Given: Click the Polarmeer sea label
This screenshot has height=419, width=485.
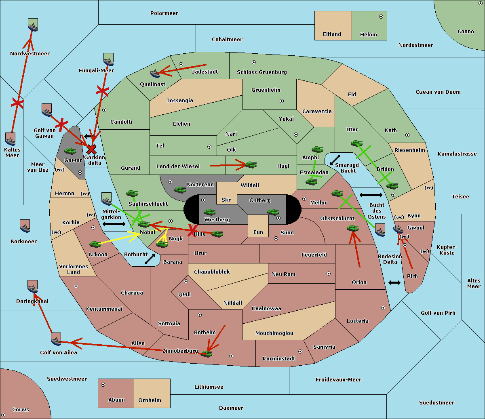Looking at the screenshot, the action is pyautogui.click(x=164, y=13).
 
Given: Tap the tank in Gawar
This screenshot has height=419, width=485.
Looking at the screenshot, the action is pyautogui.click(x=70, y=151).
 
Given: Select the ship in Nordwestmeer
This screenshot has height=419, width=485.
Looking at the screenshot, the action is pyautogui.click(x=33, y=25).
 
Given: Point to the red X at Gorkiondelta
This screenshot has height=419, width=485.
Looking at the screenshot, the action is pyautogui.click(x=91, y=149).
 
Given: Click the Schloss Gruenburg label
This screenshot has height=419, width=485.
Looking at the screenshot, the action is pyautogui.click(x=262, y=72).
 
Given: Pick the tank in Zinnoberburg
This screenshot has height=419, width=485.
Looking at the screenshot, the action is pyautogui.click(x=207, y=354).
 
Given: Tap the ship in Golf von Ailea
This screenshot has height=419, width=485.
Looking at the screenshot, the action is pyautogui.click(x=56, y=339).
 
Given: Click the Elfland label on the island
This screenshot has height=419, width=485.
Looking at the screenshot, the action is pyautogui.click(x=332, y=34).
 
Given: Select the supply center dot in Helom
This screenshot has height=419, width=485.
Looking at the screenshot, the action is pyautogui.click(x=381, y=17).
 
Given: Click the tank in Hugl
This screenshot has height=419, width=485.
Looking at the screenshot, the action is pyautogui.click(x=251, y=165).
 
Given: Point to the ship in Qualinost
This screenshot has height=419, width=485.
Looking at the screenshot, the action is pyautogui.click(x=155, y=74).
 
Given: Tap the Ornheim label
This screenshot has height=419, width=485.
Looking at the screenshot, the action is pyautogui.click(x=150, y=400).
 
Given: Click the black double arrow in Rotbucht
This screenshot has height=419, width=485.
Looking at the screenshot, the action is pyautogui.click(x=150, y=259).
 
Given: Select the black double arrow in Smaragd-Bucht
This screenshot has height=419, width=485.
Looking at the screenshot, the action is pyautogui.click(x=335, y=160).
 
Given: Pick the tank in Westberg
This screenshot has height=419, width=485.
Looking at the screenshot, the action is pyautogui.click(x=209, y=212).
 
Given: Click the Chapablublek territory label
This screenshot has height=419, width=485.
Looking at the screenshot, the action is pyautogui.click(x=212, y=272).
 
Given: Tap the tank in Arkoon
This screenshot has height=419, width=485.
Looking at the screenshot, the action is pyautogui.click(x=95, y=244).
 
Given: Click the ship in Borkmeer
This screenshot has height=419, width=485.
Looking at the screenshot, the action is pyautogui.click(x=25, y=226).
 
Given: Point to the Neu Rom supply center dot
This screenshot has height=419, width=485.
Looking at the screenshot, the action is pyautogui.click(x=329, y=274).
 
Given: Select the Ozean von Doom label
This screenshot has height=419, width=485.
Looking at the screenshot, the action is pyautogui.click(x=438, y=92).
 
